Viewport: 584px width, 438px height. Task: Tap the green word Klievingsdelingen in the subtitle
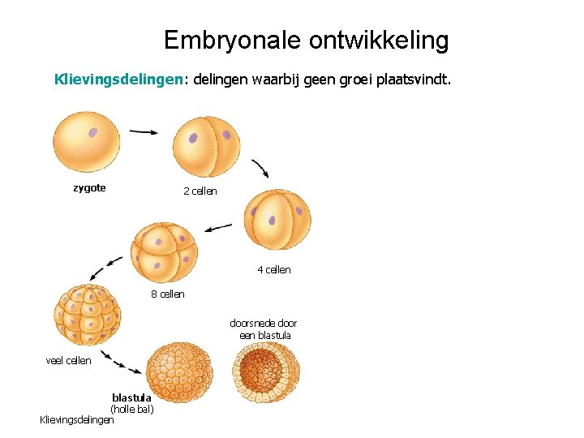[x=118, y=80]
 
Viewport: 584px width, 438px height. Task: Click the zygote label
[x=89, y=188]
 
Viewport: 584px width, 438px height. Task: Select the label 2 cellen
[x=200, y=191]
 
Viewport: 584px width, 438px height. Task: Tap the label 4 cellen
[x=274, y=269]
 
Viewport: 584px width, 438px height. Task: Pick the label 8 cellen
[x=168, y=294]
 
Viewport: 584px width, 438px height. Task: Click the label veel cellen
[x=69, y=361]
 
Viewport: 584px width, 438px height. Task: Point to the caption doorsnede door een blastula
[x=264, y=329]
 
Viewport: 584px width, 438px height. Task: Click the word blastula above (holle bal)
[x=131, y=397]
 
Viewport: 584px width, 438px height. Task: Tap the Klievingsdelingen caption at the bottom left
[x=77, y=419]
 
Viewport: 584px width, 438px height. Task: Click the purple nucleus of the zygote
[x=93, y=132]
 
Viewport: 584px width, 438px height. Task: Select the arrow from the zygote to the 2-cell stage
[x=144, y=131]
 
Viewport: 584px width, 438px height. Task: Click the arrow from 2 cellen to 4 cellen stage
[x=260, y=169]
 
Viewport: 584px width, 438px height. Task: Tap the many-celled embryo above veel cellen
[x=87, y=315]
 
